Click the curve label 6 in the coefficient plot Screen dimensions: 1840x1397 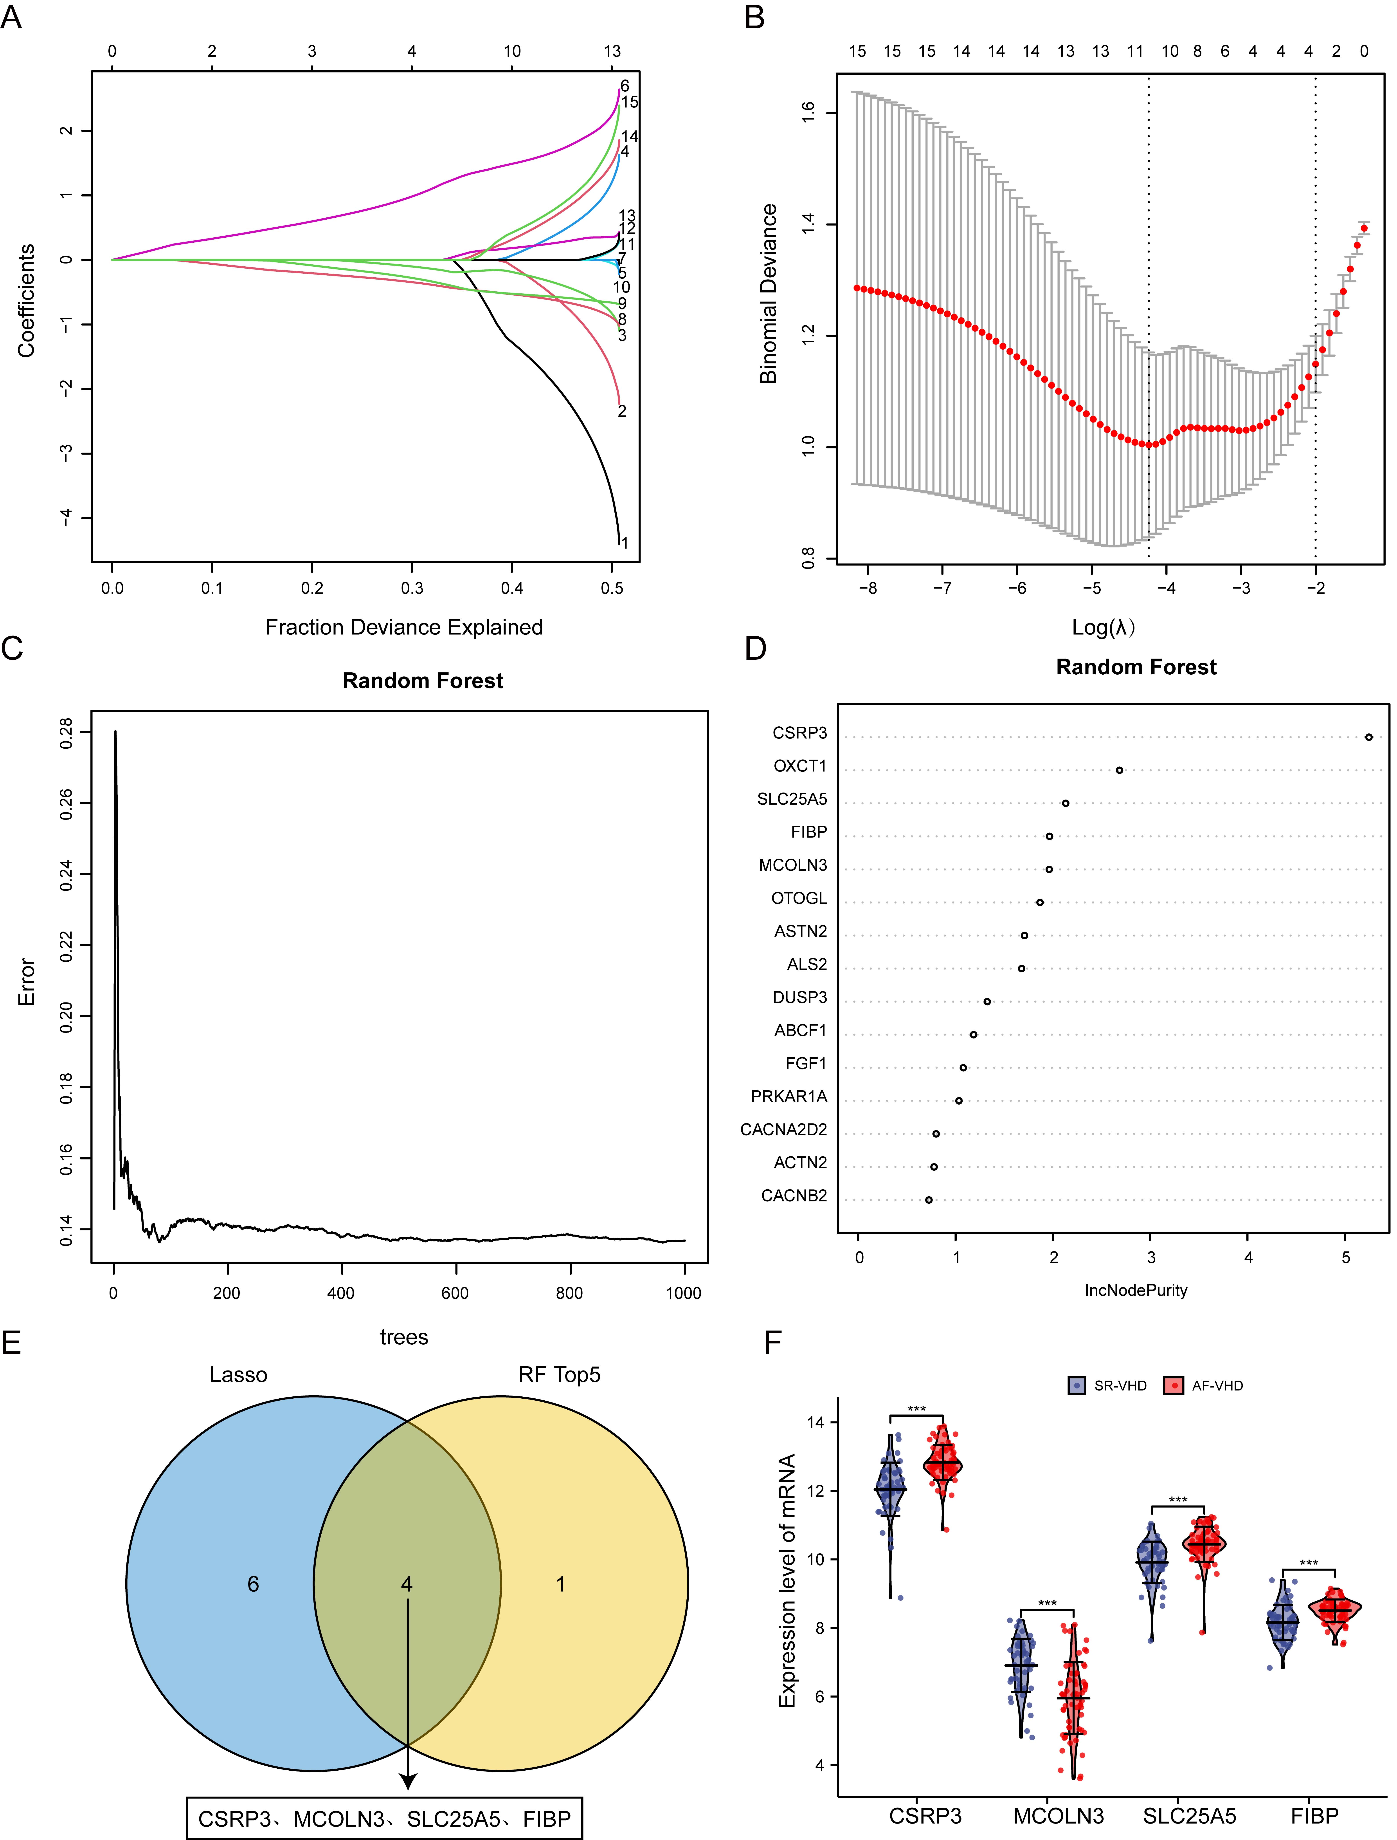[x=625, y=86]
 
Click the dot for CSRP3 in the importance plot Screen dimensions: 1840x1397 [x=1369, y=737]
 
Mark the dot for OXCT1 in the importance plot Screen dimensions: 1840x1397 [x=1119, y=770]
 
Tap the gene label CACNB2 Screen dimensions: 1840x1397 [x=794, y=1196]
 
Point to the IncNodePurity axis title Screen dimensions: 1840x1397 [x=1136, y=1290]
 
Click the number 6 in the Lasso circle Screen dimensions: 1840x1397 [x=253, y=1584]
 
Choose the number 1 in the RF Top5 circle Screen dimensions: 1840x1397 [x=560, y=1584]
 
